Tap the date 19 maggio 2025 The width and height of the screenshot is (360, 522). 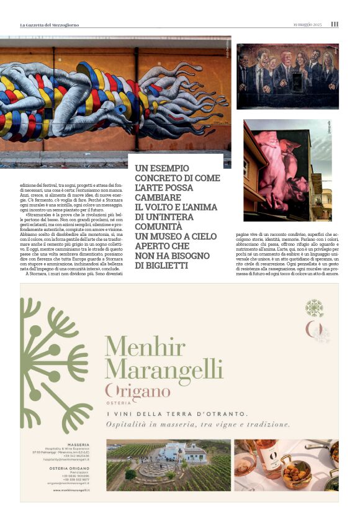pyautogui.click(x=308, y=24)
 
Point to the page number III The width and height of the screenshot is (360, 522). pyautogui.click(x=335, y=24)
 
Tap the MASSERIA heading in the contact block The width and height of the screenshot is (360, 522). pyautogui.click(x=79, y=444)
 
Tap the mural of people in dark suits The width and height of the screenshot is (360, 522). pyautogui.click(x=287, y=76)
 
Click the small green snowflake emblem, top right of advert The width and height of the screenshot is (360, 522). pyautogui.click(x=315, y=308)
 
